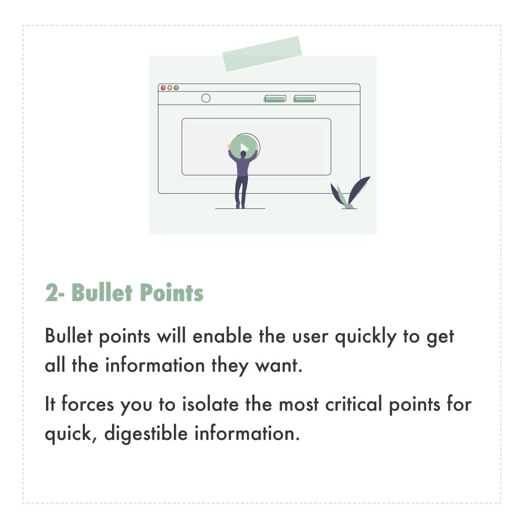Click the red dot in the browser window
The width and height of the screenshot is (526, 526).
coord(163,88)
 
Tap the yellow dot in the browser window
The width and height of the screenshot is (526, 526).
coord(170,88)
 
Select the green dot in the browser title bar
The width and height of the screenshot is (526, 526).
coord(176,88)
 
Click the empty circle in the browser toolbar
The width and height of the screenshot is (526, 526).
coord(206,98)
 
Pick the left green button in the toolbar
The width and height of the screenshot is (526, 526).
coord(275,98)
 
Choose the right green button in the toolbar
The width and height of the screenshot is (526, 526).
coord(304,98)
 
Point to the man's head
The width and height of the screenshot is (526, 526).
coord(243,154)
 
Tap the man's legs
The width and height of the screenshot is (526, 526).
coord(242,192)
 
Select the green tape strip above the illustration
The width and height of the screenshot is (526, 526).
coord(263,54)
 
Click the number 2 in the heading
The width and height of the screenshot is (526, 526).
coord(51,293)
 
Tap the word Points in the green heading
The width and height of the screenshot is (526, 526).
coord(171,293)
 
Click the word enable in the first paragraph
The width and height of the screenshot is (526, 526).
coord(222,336)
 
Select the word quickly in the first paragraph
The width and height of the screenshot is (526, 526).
coord(366,338)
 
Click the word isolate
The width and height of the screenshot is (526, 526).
coord(210,404)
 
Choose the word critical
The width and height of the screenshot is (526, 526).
coord(354,404)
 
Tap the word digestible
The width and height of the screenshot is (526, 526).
coord(146,433)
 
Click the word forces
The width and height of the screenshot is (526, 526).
coord(88,404)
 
